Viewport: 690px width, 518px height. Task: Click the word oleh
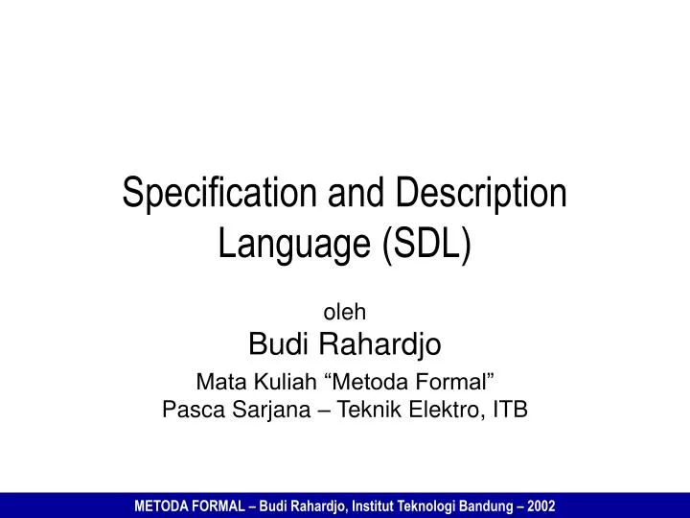click(x=344, y=312)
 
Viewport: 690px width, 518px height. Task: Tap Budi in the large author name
click(x=275, y=342)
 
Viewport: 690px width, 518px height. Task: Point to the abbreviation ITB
click(x=509, y=411)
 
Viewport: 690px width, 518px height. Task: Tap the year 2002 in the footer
click(x=540, y=504)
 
